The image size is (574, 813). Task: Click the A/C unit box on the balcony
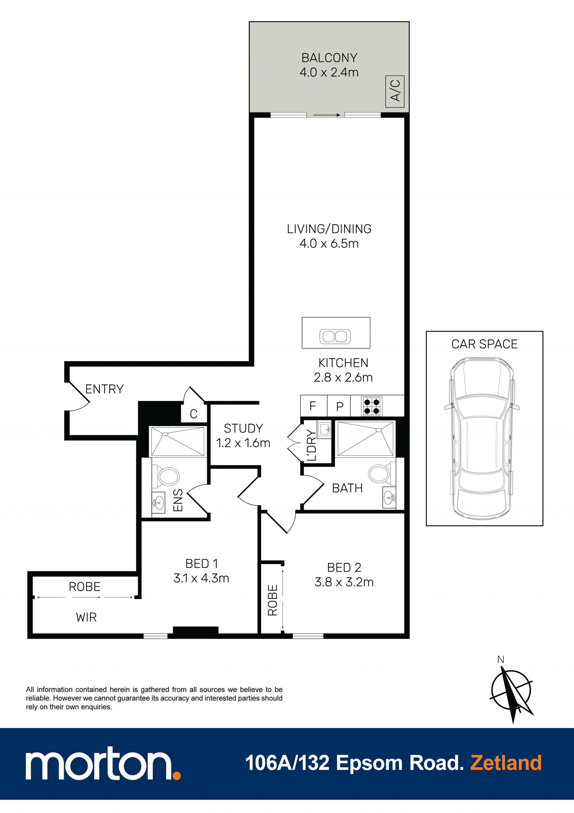click(x=395, y=91)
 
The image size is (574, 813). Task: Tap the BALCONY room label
click(x=329, y=58)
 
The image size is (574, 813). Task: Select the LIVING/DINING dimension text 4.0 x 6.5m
click(x=329, y=244)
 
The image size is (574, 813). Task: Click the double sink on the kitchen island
click(x=335, y=336)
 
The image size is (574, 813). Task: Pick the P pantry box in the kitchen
click(x=339, y=406)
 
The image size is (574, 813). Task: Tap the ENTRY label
click(x=104, y=389)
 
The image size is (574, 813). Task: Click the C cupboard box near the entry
click(x=193, y=414)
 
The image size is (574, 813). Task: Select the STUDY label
click(x=243, y=428)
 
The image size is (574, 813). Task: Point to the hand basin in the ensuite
click(x=158, y=502)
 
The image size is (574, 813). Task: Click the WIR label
click(x=86, y=618)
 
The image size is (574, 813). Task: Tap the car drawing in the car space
click(x=482, y=438)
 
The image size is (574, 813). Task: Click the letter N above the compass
click(x=500, y=660)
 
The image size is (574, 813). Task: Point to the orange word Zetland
click(x=506, y=763)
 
